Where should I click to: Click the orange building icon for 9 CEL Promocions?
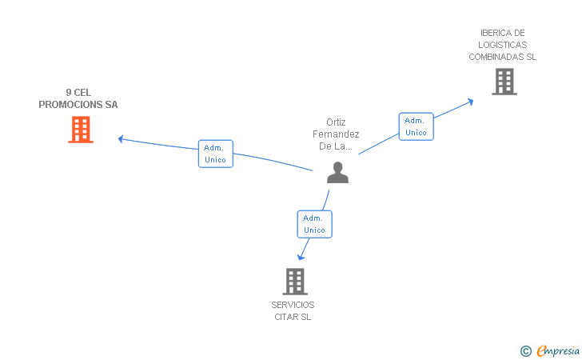(x=81, y=130)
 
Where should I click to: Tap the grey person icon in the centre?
(x=337, y=172)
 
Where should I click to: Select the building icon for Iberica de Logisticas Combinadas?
(x=504, y=82)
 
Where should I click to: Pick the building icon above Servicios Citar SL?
(x=295, y=282)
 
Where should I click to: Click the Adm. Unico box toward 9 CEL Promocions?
(x=216, y=154)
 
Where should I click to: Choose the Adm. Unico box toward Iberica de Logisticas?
(x=416, y=126)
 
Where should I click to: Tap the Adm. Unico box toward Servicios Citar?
(x=315, y=224)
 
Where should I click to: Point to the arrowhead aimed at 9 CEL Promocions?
(x=121, y=139)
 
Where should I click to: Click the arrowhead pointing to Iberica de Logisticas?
(x=470, y=102)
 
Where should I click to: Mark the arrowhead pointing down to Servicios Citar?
(x=301, y=257)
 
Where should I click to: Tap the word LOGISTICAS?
(x=503, y=45)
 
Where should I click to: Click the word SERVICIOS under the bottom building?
(x=293, y=305)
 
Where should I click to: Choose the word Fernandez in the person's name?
(x=336, y=134)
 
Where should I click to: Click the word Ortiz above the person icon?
(x=336, y=122)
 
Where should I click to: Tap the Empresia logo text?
(x=558, y=350)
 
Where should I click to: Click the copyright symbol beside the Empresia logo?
(x=526, y=351)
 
